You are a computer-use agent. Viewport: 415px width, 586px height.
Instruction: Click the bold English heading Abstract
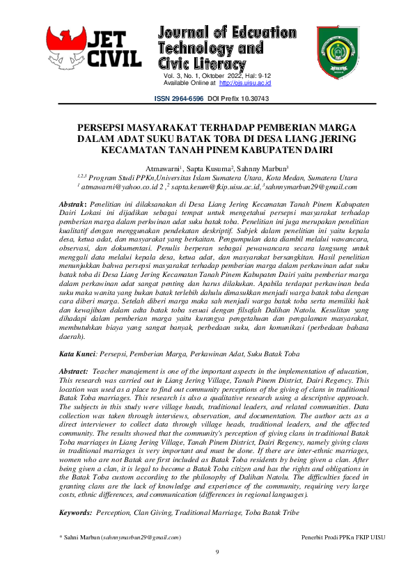click(74, 372)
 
